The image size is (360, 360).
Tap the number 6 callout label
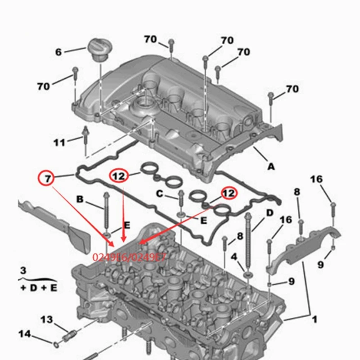click(x=58, y=52)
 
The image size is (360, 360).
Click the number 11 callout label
click(x=59, y=143)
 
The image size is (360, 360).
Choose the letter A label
click(x=271, y=166)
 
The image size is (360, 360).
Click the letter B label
click(x=80, y=199)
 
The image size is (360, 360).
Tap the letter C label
click(x=159, y=194)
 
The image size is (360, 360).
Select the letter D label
click(x=270, y=212)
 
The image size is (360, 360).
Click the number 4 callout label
click(x=234, y=256)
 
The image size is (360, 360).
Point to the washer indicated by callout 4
click(x=247, y=274)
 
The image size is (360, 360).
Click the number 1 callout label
click(x=315, y=319)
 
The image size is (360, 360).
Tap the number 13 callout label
click(x=47, y=319)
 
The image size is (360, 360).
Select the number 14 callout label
click(x=25, y=334)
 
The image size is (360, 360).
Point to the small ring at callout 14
click(x=55, y=345)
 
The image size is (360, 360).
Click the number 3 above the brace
click(x=23, y=271)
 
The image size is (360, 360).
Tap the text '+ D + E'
click(x=38, y=288)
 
